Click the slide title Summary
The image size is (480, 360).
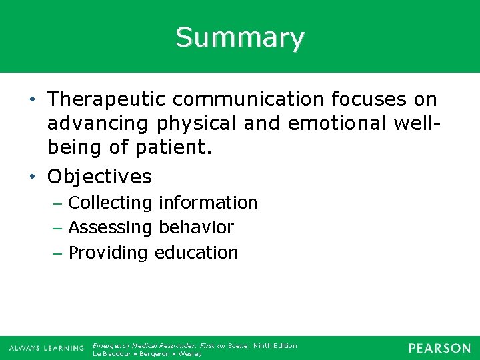[240, 37]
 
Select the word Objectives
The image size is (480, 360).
[100, 177]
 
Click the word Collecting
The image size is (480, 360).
[111, 203]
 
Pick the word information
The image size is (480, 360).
[208, 203]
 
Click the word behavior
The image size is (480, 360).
[196, 228]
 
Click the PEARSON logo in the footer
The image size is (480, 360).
[439, 348]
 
